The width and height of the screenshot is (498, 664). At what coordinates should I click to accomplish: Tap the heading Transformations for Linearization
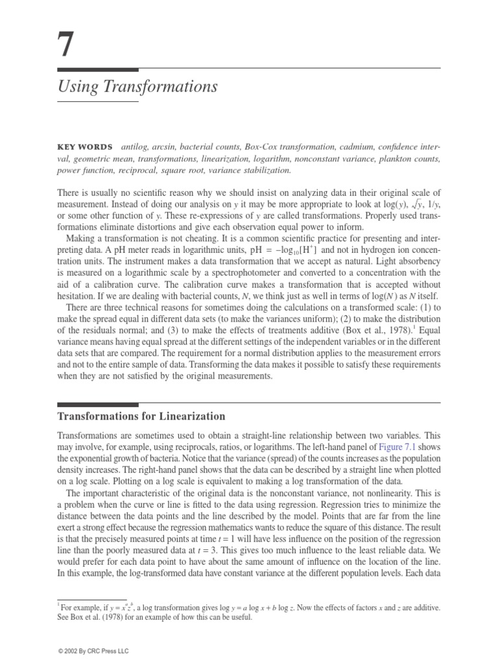pyautogui.click(x=141, y=416)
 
